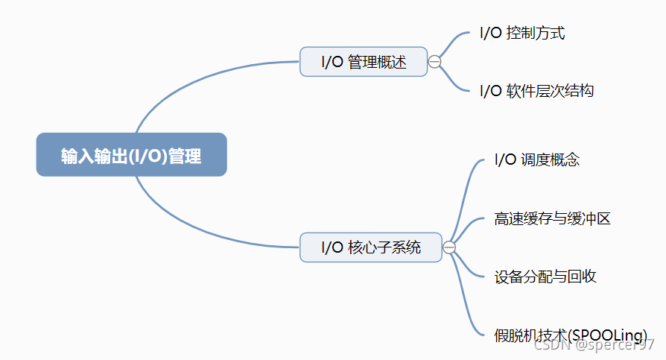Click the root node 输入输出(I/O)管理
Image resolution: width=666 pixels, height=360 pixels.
pyautogui.click(x=131, y=155)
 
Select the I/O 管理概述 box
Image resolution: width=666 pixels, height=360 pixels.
pyautogui.click(x=364, y=62)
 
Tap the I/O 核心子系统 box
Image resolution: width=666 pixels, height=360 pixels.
pyautogui.click(x=370, y=247)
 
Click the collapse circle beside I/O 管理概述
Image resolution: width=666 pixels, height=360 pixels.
pyautogui.click(x=434, y=62)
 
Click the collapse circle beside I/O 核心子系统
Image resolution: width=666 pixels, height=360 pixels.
pyautogui.click(x=449, y=247)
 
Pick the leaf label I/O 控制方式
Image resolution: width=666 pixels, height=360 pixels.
pyautogui.click(x=522, y=34)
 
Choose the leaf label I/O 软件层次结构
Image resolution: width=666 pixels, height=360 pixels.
pyautogui.click(x=536, y=91)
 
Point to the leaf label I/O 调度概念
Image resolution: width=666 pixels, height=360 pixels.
pyautogui.click(x=536, y=160)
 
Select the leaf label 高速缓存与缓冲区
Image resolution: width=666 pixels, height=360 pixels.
pyautogui.click(x=552, y=219)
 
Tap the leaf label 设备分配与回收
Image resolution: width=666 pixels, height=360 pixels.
pyautogui.click(x=545, y=277)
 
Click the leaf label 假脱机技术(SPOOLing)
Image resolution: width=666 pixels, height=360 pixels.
pyautogui.click(x=570, y=334)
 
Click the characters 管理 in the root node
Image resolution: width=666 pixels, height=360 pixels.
pyautogui.click(x=185, y=156)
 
